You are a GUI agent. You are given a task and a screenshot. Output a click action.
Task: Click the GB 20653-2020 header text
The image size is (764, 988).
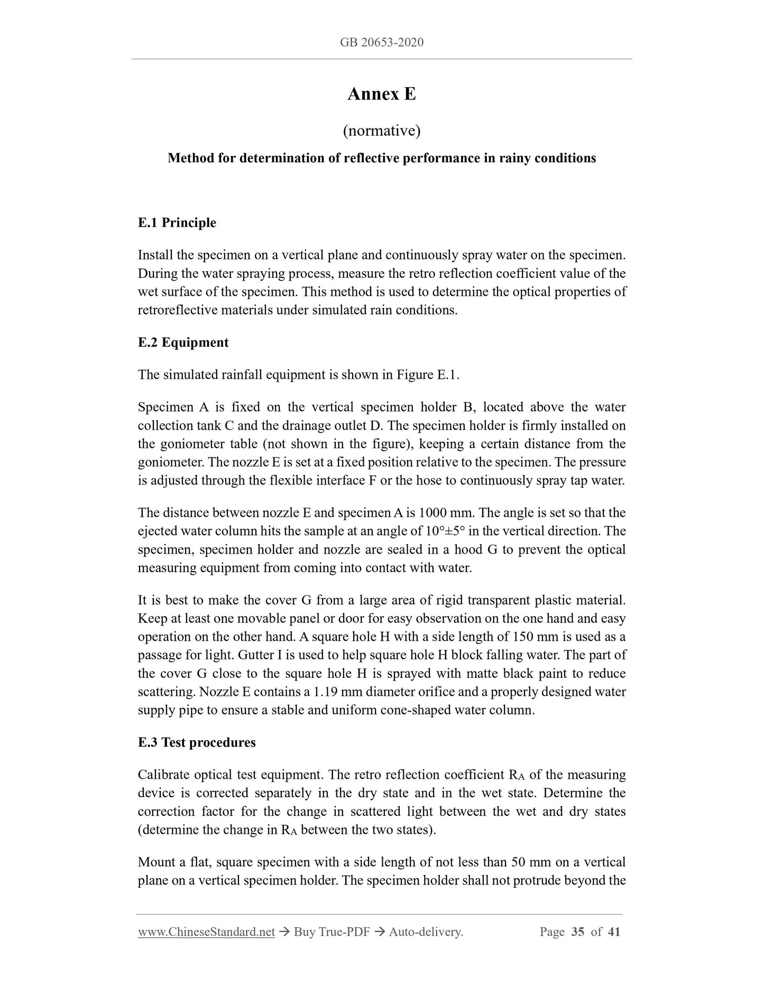pyautogui.click(x=382, y=42)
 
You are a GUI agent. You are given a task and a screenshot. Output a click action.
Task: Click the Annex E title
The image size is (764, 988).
pyautogui.click(x=382, y=94)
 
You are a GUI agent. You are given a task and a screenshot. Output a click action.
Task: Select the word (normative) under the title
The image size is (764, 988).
pyautogui.click(x=382, y=131)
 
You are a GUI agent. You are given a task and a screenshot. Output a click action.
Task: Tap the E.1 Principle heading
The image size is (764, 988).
pyautogui.click(x=177, y=222)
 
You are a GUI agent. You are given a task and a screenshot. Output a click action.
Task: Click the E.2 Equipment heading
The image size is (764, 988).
pyautogui.click(x=183, y=342)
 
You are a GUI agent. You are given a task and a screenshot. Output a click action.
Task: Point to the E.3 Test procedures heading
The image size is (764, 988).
pyautogui.click(x=196, y=742)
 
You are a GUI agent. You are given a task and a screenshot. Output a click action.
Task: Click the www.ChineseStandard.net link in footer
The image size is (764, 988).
pyautogui.click(x=206, y=932)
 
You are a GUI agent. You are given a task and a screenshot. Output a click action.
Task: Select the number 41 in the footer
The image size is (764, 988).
pyautogui.click(x=614, y=932)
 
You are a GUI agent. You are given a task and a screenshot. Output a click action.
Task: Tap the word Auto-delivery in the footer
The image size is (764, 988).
pyautogui.click(x=425, y=932)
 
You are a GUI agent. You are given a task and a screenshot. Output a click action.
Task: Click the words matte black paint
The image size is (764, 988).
pyautogui.click(x=507, y=674)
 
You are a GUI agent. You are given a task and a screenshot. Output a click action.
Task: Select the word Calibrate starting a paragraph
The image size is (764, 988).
pyautogui.click(x=163, y=775)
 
